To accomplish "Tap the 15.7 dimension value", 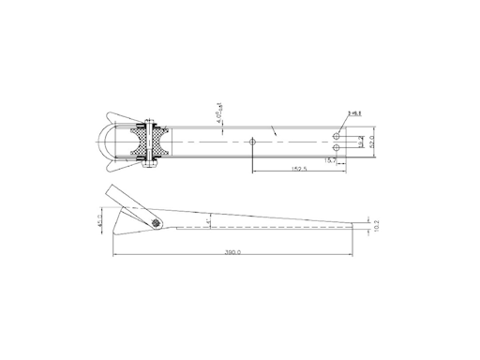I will click(329, 160).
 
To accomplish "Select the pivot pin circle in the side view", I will click(155, 222).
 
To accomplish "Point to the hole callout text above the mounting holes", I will click(356, 113).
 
